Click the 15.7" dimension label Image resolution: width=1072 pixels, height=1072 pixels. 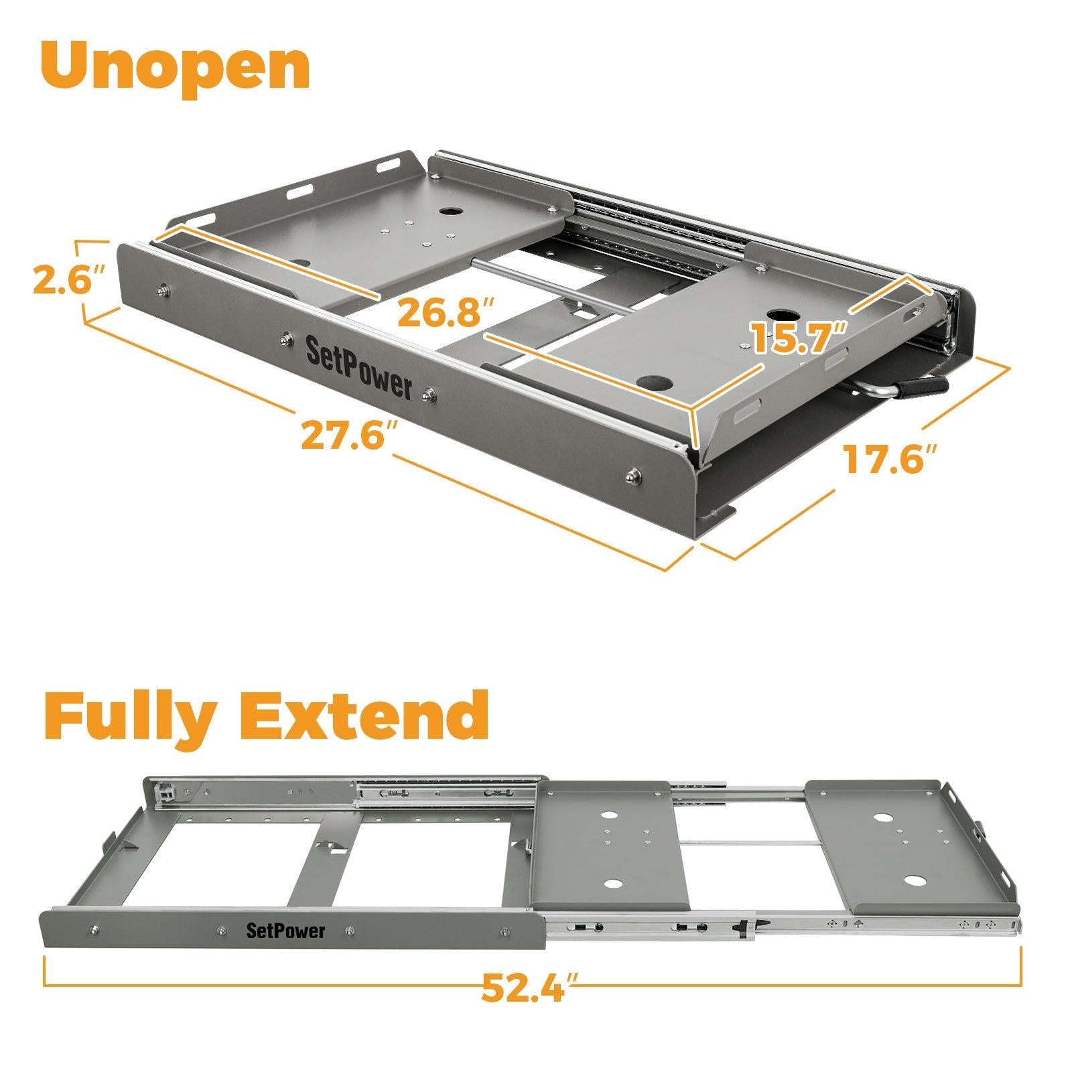tap(800, 337)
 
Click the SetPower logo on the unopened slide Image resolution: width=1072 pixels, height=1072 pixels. tap(358, 368)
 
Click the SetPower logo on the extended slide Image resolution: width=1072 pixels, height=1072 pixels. tap(285, 931)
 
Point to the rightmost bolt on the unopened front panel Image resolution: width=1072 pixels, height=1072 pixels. tap(631, 476)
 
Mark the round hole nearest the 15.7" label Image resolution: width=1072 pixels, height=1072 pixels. tap(781, 315)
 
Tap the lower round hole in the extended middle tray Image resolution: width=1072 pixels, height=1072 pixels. tap(611, 884)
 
